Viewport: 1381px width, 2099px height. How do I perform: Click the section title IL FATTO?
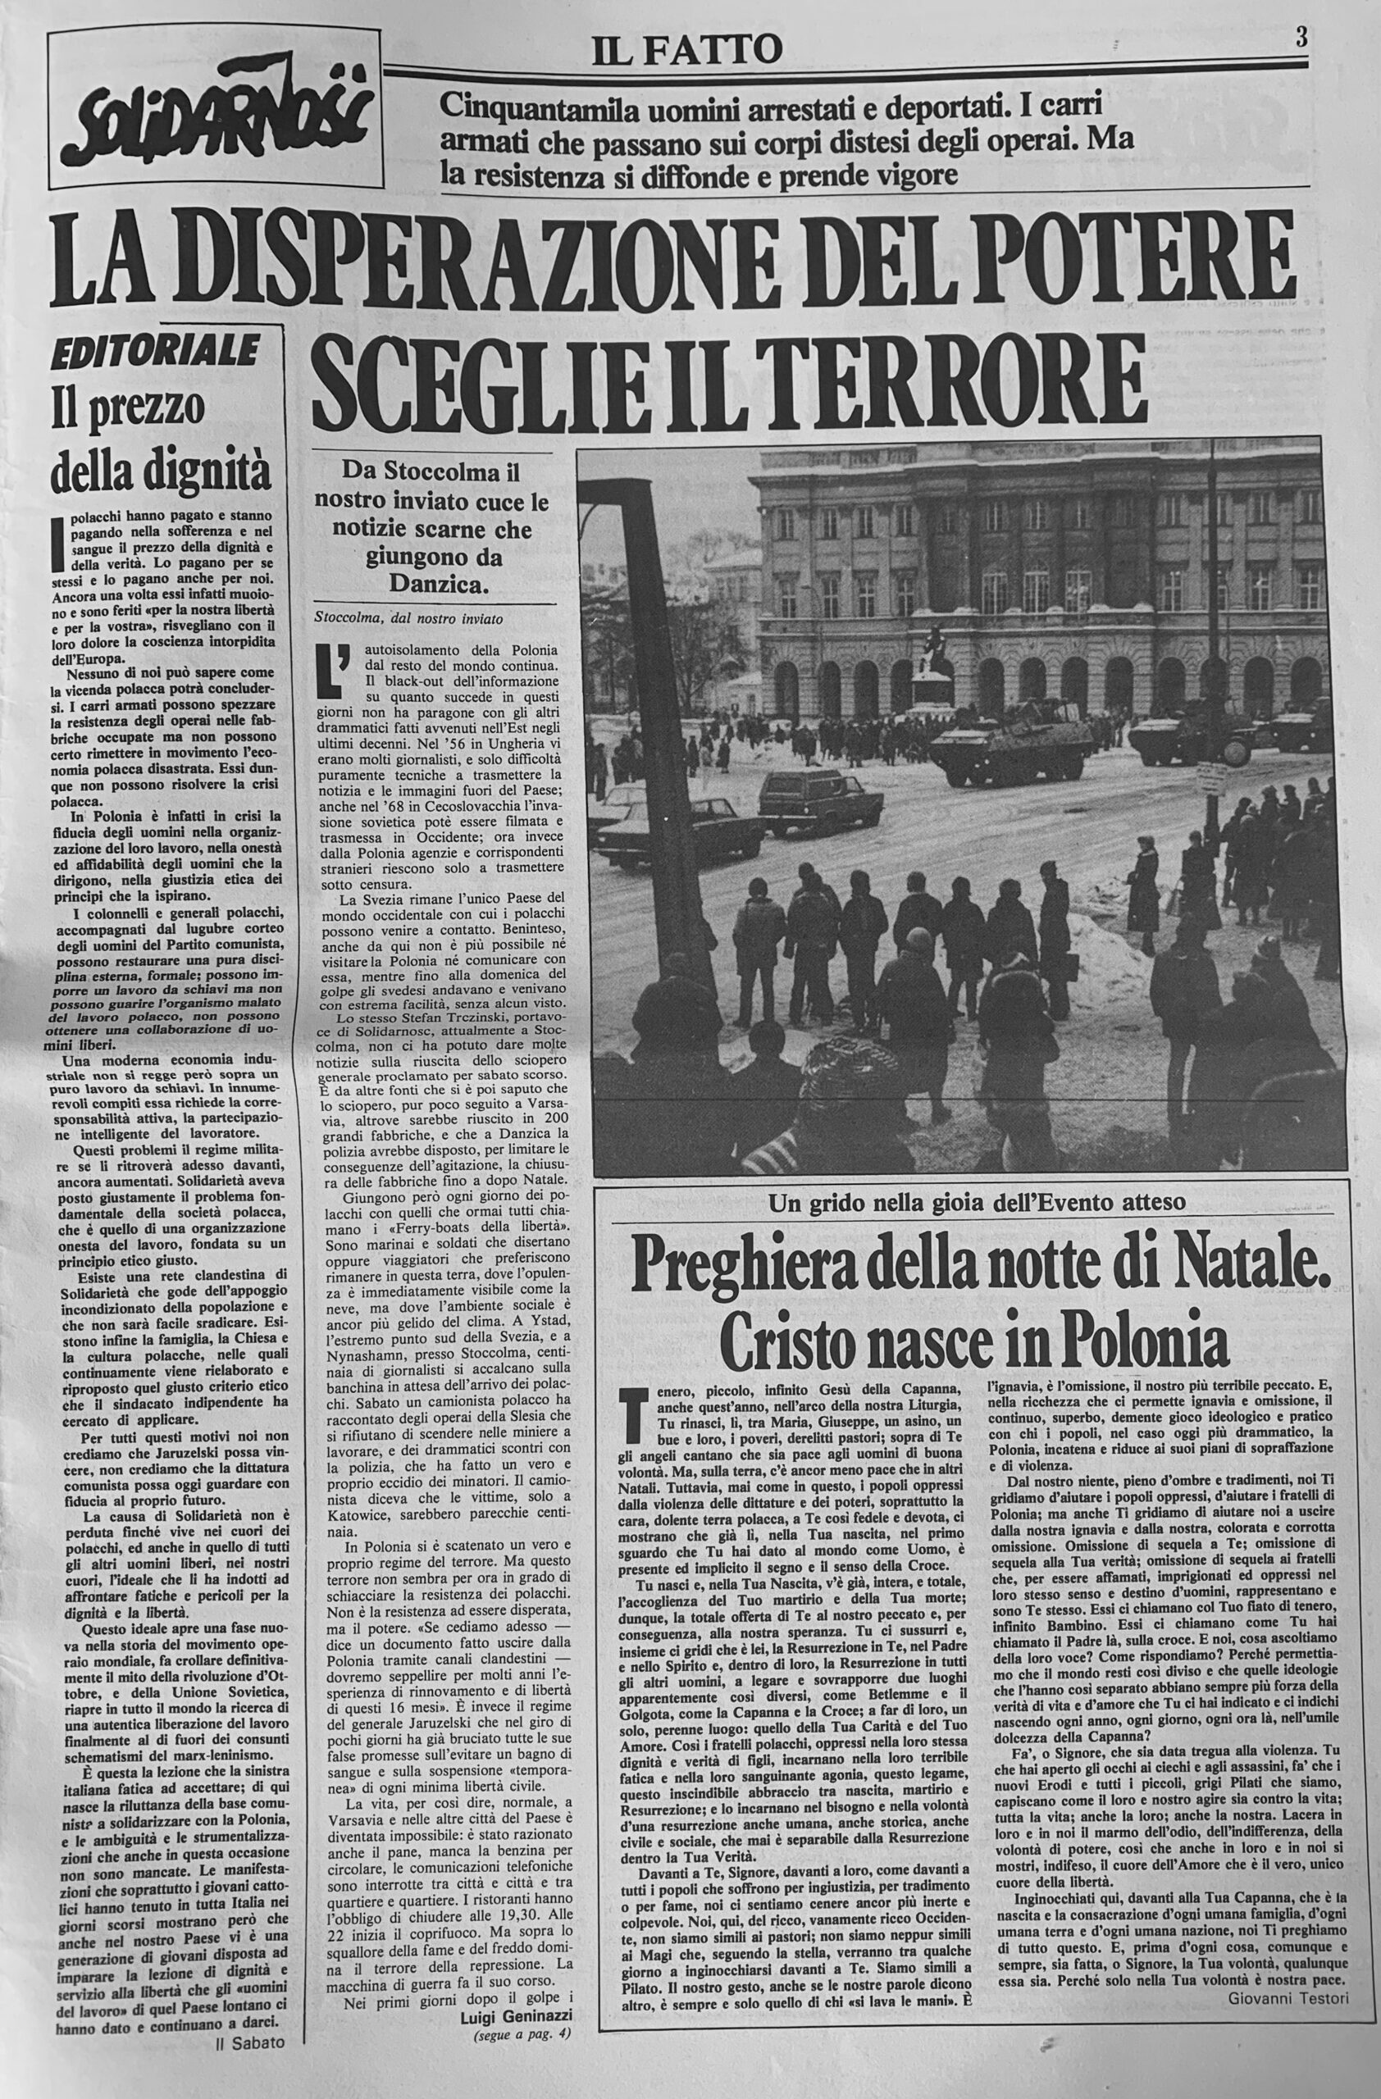pyautogui.click(x=688, y=50)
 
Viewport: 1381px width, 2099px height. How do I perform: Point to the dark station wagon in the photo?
pyautogui.click(x=820, y=798)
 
